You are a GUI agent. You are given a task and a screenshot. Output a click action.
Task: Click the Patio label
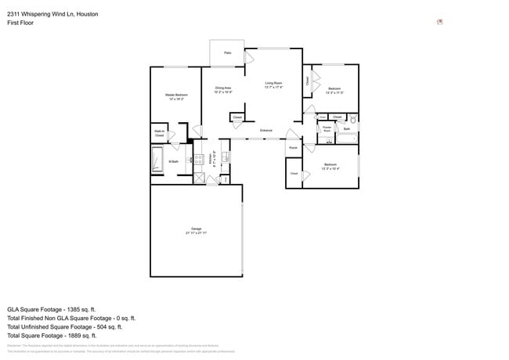point(228,52)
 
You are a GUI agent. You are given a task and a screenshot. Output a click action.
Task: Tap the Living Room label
point(273,83)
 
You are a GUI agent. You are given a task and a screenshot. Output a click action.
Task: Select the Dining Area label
point(223,89)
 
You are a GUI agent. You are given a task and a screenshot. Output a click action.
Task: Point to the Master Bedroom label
point(175,95)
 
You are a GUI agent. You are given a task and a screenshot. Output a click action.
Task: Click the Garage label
point(196,229)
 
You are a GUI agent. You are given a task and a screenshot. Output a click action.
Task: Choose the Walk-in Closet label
point(159,135)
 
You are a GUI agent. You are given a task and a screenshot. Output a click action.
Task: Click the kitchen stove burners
point(198,160)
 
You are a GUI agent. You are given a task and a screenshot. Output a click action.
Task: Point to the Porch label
point(293,147)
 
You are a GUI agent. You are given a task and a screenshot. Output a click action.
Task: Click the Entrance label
point(266,130)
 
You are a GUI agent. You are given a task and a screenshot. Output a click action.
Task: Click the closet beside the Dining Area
point(237,117)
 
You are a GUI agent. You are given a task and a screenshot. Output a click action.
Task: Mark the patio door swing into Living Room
point(250,57)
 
